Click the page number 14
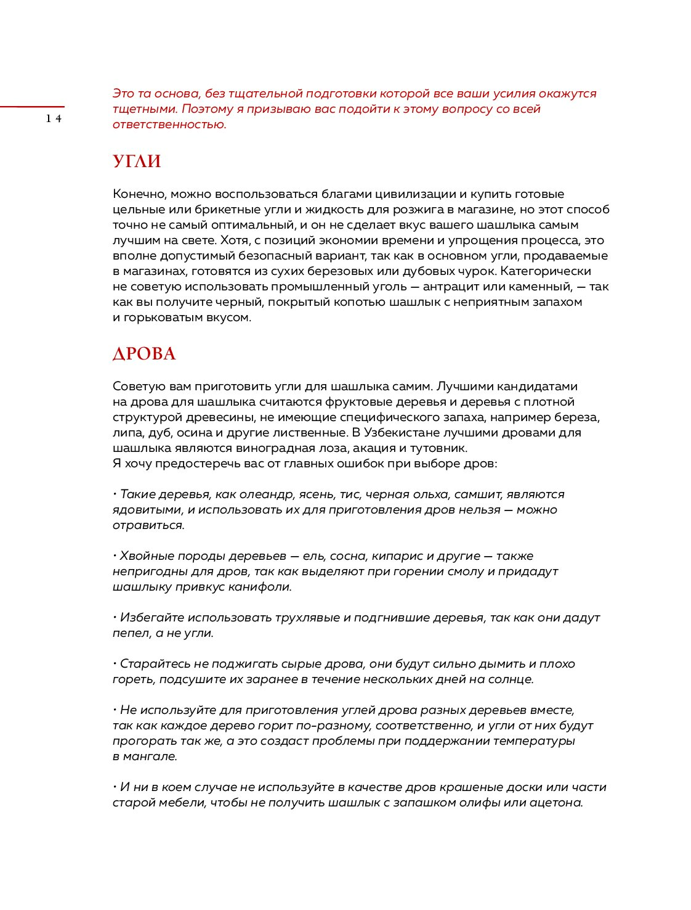coord(54,119)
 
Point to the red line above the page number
coord(32,107)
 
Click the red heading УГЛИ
coord(137,162)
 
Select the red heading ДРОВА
coord(144,354)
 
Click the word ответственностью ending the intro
coord(169,125)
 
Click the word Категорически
coord(546,271)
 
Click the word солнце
coord(509,679)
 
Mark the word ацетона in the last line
coord(556,803)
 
